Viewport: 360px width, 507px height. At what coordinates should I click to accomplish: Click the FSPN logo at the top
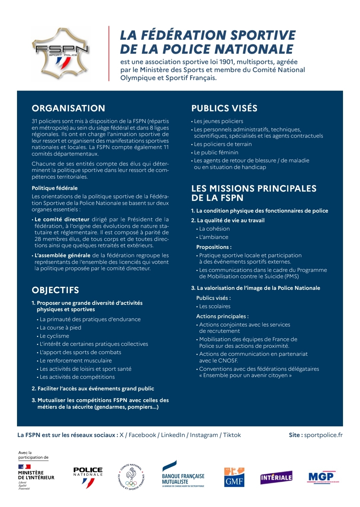pos(61,54)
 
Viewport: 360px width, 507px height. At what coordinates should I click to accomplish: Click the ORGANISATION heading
pos(68,108)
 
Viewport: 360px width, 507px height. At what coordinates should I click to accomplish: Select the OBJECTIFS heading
pos(55,290)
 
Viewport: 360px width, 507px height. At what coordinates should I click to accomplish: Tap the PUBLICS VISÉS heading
pos(224,108)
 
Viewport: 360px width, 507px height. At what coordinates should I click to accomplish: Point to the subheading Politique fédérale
pos(55,188)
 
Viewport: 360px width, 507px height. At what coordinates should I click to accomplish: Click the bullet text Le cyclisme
pos(54,336)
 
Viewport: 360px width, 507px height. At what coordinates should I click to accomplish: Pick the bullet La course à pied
pos(60,327)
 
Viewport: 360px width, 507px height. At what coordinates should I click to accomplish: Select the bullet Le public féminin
pos(216,152)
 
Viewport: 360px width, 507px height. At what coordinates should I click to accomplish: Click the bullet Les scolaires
pos(215,306)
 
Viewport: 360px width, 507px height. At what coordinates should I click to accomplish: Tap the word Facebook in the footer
pos(142,435)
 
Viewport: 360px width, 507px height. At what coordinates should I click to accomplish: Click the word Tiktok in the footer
pos(232,435)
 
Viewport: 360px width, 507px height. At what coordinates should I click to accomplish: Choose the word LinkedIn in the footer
pos(173,435)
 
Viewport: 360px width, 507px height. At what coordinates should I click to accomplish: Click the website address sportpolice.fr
pos(323,435)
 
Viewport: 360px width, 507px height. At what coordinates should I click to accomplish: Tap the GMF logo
pos(234,477)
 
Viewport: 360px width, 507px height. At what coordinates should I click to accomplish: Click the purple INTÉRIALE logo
pos(276,477)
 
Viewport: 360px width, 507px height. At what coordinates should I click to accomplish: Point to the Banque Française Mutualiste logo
pos(183,475)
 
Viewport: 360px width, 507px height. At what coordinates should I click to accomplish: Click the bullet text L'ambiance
pos(214,237)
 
